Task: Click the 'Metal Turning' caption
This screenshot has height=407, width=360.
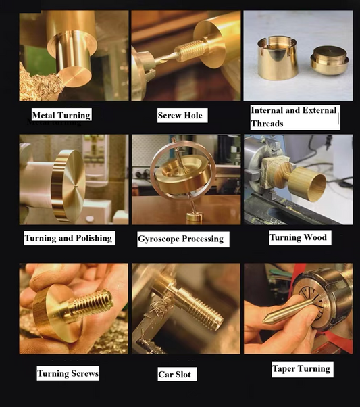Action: [x=61, y=115]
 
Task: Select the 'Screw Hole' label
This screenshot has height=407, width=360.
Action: [x=180, y=115]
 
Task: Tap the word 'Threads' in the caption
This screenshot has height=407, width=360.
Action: [x=267, y=124]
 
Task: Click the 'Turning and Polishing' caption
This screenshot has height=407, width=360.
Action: [x=68, y=238]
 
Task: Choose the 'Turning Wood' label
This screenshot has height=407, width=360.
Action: [x=299, y=237]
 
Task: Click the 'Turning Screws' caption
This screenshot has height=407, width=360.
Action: [x=68, y=373]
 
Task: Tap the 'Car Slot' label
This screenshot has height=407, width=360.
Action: [x=174, y=375]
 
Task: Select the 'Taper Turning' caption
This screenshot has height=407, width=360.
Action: [x=301, y=369]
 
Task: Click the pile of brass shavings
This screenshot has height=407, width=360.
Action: [x=39, y=83]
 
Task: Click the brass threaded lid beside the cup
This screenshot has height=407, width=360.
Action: [x=330, y=61]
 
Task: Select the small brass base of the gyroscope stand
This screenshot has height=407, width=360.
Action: [x=195, y=218]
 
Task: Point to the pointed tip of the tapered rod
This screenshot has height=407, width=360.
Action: [x=263, y=322]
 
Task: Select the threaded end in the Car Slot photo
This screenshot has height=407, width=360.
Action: [x=205, y=314]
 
